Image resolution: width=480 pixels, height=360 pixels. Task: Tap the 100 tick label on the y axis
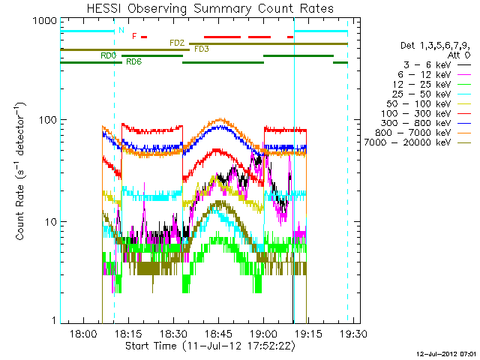click(x=42, y=120)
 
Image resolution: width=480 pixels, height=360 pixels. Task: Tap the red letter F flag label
click(x=134, y=36)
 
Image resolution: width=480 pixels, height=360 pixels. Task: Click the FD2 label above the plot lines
click(x=177, y=43)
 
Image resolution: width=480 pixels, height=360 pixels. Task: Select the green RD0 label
click(x=108, y=55)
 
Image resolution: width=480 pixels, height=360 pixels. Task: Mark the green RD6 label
click(x=134, y=61)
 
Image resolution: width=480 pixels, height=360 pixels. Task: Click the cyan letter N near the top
click(x=122, y=30)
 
